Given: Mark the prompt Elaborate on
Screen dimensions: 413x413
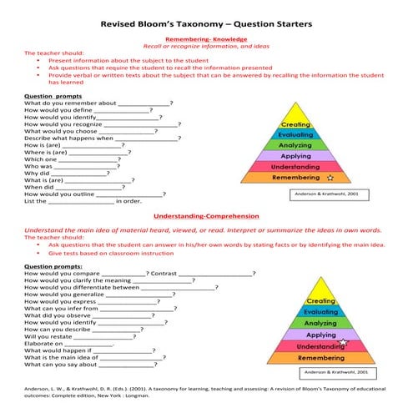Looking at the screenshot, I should (x=43, y=344).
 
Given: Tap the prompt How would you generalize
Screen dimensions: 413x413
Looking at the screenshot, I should (x=63, y=294).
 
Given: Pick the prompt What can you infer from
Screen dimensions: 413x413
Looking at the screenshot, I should (x=61, y=308).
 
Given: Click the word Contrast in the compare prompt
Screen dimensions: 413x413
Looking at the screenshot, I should (x=164, y=273).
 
